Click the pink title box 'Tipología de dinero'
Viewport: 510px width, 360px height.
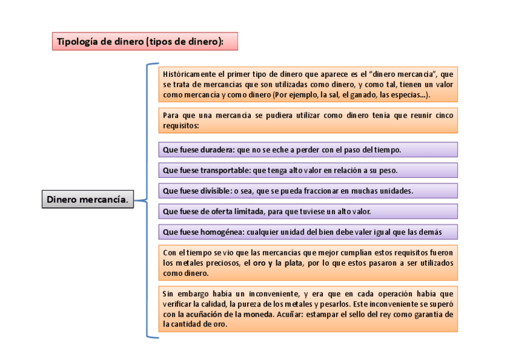click(x=145, y=41)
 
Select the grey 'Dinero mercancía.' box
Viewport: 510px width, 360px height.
click(x=87, y=200)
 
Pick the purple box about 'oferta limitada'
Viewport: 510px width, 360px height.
click(x=308, y=212)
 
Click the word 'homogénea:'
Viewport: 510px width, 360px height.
click(x=221, y=232)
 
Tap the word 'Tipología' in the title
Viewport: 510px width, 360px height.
click(x=76, y=41)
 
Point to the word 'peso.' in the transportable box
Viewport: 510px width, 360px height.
click(x=387, y=170)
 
